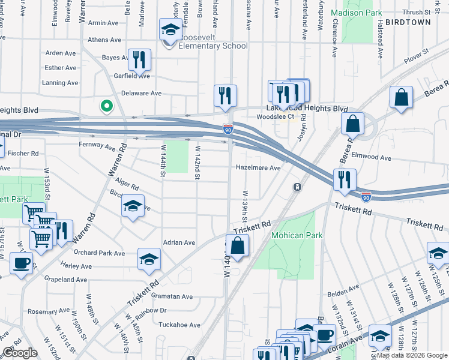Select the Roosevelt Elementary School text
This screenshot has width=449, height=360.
coord(208,46)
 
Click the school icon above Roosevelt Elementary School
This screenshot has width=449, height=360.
coord(171,29)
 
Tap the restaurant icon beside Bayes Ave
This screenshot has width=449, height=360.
coord(140,59)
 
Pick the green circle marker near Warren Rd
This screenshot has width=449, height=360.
coord(106,106)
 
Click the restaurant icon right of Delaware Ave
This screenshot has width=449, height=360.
coord(225,95)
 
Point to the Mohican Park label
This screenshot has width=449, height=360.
coord(297,235)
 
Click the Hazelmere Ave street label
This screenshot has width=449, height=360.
coord(258,168)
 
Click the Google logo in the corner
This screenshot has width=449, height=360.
coord(20,353)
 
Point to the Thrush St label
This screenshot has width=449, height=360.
coord(418,11)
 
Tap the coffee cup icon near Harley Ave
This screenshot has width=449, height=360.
coord(21,263)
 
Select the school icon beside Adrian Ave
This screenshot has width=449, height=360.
coord(149,259)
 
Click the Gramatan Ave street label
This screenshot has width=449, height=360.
coord(172,296)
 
